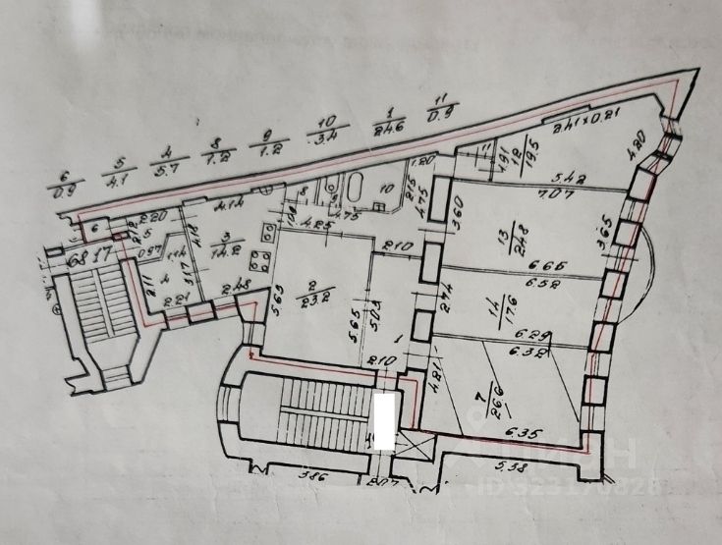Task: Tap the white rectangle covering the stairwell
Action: pyautogui.click(x=387, y=423)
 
